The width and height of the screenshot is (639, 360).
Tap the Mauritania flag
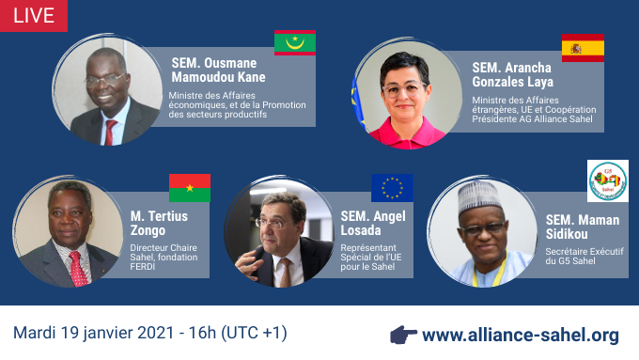294,42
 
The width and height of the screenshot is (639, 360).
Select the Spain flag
583,48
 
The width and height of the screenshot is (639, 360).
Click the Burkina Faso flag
189,188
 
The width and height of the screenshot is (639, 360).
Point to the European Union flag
392,188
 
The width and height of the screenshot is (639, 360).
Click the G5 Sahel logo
608,180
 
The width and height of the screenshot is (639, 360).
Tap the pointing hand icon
403,335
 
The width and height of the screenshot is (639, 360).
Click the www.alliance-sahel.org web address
521,335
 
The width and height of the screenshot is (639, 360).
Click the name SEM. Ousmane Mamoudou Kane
218,70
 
